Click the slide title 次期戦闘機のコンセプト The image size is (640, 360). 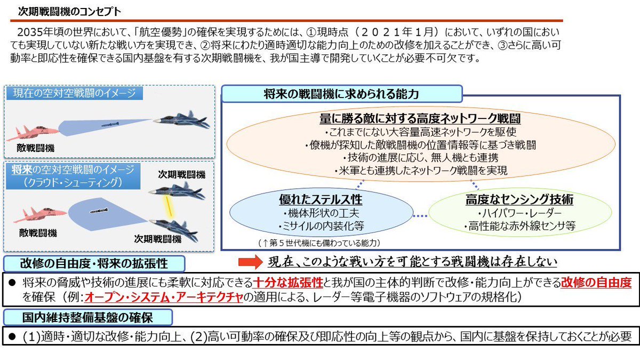[x=69, y=11]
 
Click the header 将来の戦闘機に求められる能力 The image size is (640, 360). [x=341, y=94]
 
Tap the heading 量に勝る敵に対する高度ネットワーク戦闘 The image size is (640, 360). [x=420, y=118]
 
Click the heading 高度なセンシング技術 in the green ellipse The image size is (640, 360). [x=519, y=200]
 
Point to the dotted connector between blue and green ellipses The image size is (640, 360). [x=421, y=216]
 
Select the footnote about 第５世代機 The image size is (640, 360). [x=318, y=243]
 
